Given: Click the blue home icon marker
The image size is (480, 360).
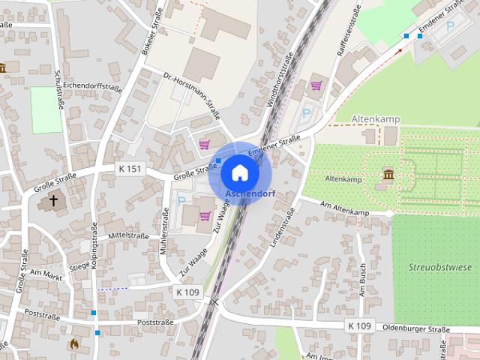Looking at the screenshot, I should coord(239,172).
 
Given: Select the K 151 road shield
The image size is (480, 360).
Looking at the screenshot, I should coord(130,169).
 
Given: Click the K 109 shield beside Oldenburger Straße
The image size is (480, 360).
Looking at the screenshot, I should coord(360,325).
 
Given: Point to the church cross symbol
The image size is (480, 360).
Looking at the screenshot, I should coord(53,200).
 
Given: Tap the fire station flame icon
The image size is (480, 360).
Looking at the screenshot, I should coord(73,344).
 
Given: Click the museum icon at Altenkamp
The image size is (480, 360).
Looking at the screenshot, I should coord(388,175).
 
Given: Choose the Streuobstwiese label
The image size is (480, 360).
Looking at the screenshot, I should coord(440,266).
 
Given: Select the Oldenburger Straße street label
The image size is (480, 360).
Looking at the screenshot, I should coord(415,328).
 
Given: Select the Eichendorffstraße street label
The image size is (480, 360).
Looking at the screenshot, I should coord(93,88).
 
